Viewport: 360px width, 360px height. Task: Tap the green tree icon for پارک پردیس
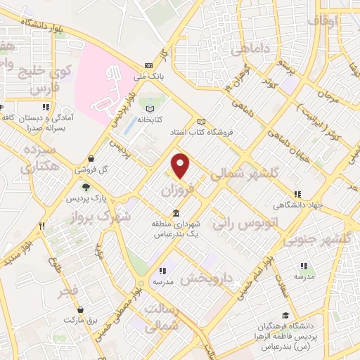(86, 187)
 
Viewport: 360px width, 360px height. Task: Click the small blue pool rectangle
(129, 125)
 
